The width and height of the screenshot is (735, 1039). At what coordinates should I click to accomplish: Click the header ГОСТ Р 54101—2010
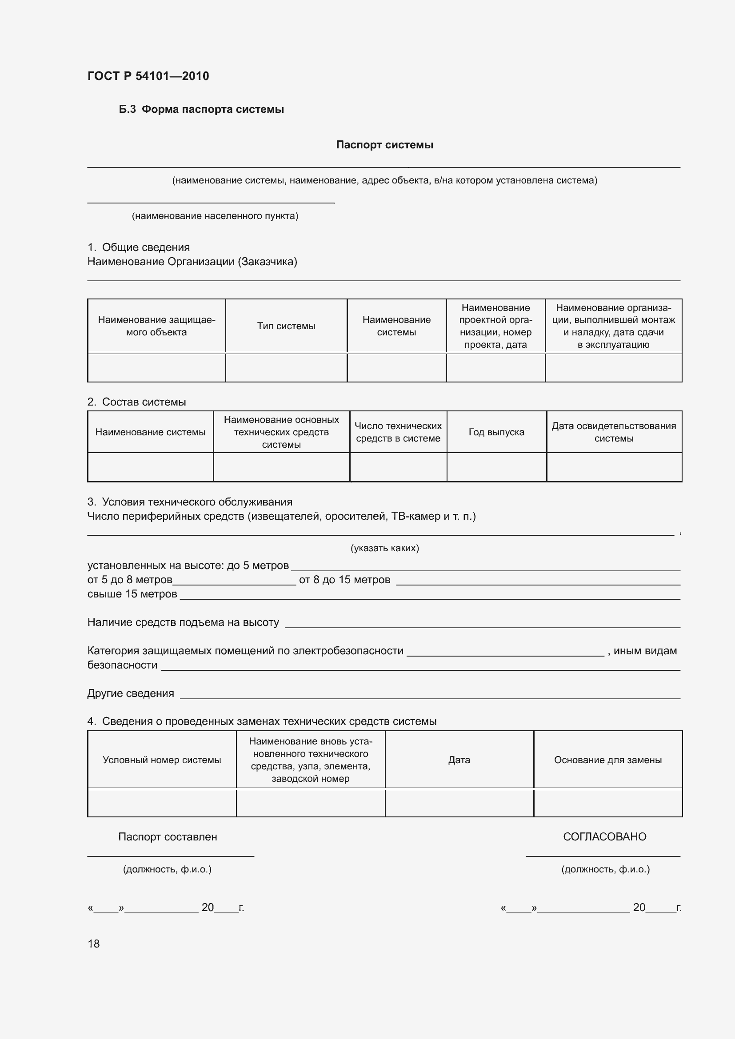[148, 76]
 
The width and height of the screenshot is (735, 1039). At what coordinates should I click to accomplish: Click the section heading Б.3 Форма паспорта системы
[201, 109]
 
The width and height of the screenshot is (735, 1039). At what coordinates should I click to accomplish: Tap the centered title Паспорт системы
[384, 145]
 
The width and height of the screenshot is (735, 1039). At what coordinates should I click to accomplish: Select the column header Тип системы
[286, 326]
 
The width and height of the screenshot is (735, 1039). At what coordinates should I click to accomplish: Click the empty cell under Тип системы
[286, 367]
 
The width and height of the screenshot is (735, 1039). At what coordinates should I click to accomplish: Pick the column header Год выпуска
[496, 432]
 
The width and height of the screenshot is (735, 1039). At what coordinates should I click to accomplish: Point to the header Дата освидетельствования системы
[613, 432]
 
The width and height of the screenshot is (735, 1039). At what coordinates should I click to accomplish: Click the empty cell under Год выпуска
[496, 467]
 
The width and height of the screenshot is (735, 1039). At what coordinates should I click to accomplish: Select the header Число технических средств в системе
[398, 432]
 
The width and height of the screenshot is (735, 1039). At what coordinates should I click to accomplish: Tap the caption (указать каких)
[384, 548]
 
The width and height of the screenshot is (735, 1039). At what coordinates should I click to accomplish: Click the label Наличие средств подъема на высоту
[183, 622]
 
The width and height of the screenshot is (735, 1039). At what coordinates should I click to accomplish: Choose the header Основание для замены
[607, 760]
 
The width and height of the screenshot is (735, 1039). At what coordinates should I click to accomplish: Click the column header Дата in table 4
[459, 760]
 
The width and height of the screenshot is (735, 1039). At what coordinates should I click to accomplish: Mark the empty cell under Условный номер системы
[162, 803]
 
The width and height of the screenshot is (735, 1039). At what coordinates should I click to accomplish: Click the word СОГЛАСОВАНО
[604, 837]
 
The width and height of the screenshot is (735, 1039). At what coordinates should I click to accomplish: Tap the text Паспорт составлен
[168, 837]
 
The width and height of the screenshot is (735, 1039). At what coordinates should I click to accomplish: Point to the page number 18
[94, 943]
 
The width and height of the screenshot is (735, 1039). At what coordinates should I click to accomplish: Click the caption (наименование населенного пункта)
[215, 216]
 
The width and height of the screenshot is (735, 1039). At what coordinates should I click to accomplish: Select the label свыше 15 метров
[132, 594]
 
